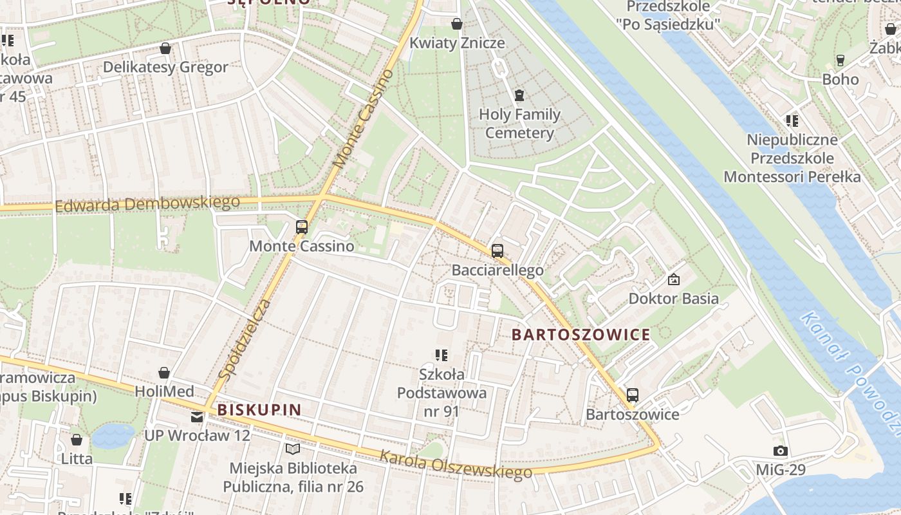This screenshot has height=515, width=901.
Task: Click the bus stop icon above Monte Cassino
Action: (301, 227)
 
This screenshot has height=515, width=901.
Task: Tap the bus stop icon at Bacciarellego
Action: (497, 251)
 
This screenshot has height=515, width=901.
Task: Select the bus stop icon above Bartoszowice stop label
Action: (633, 395)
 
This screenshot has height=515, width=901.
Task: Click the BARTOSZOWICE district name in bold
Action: (581, 335)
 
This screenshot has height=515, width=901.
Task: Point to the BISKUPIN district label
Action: (259, 409)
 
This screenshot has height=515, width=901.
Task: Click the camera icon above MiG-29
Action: (780, 451)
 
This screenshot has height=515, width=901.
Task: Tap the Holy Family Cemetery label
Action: (519, 124)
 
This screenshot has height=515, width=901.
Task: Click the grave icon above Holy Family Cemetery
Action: (519, 95)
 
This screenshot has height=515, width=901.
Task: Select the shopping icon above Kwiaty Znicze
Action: (457, 24)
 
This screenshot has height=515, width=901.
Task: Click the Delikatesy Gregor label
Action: (165, 67)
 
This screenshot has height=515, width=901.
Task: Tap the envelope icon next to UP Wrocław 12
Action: (197, 417)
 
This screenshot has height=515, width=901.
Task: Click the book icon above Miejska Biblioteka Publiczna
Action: (293, 448)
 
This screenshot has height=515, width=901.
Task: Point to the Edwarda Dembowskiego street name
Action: (147, 204)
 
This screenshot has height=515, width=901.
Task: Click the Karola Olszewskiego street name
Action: (456, 464)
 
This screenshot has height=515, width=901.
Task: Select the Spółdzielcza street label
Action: (243, 339)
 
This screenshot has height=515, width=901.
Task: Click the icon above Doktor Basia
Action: (674, 279)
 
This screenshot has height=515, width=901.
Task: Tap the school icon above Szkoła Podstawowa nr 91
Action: (441, 355)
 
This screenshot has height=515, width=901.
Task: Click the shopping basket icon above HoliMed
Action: (164, 372)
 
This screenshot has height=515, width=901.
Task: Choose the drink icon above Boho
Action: (840, 61)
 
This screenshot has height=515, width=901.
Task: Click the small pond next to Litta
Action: (113, 436)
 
